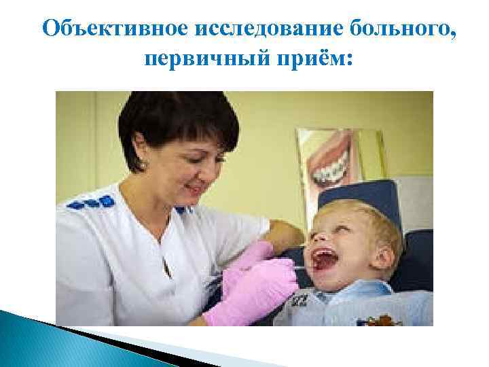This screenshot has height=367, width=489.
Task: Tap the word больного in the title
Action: tap(386, 30)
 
